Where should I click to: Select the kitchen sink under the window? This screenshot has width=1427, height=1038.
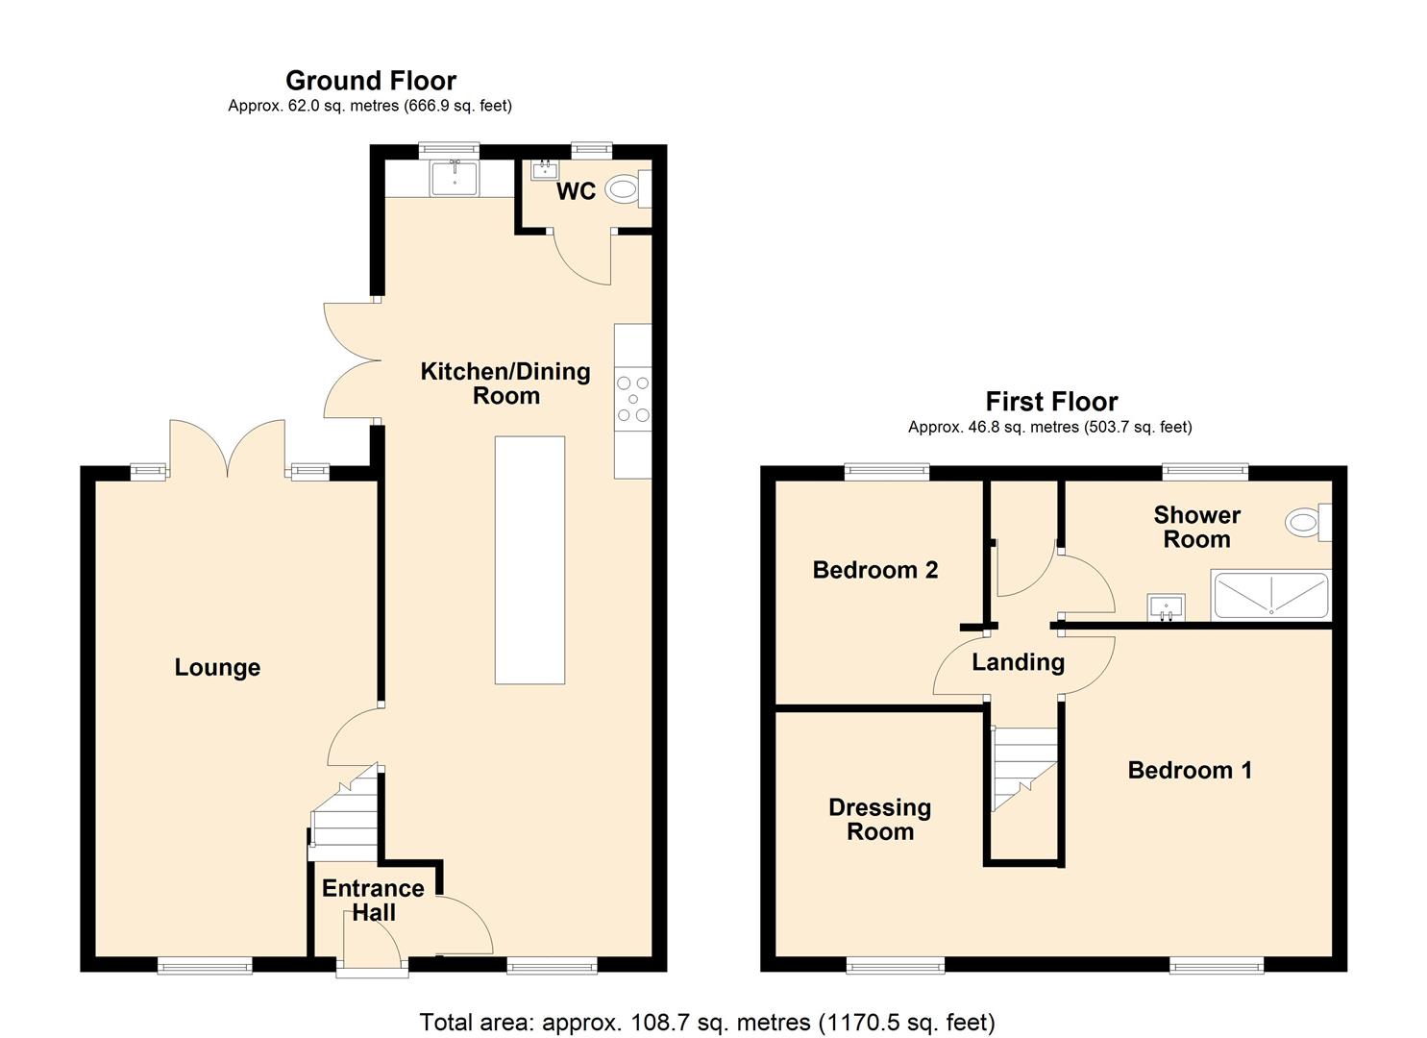click(454, 178)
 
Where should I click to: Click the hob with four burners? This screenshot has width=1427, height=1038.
click(633, 399)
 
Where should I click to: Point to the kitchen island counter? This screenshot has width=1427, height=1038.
click(529, 559)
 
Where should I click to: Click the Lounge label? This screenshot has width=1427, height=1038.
click(217, 667)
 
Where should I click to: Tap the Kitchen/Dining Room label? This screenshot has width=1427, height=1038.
click(505, 383)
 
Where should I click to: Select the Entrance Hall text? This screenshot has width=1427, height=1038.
click(373, 901)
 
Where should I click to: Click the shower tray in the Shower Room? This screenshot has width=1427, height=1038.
click(1270, 595)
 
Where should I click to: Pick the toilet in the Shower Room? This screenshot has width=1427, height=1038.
click(1305, 523)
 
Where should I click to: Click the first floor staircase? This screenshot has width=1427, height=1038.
click(1024, 769)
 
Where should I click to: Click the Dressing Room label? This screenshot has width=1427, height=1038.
click(879, 820)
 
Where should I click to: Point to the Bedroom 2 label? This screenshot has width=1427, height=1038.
click(874, 570)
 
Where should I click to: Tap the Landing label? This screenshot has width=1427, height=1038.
click(1018, 662)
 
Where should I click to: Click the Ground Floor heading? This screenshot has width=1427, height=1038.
click(370, 81)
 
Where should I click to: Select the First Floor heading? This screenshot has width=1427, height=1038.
click(1051, 402)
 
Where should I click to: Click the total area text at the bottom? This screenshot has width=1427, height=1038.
click(706, 1022)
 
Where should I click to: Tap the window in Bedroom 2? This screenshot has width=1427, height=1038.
click(887, 471)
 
